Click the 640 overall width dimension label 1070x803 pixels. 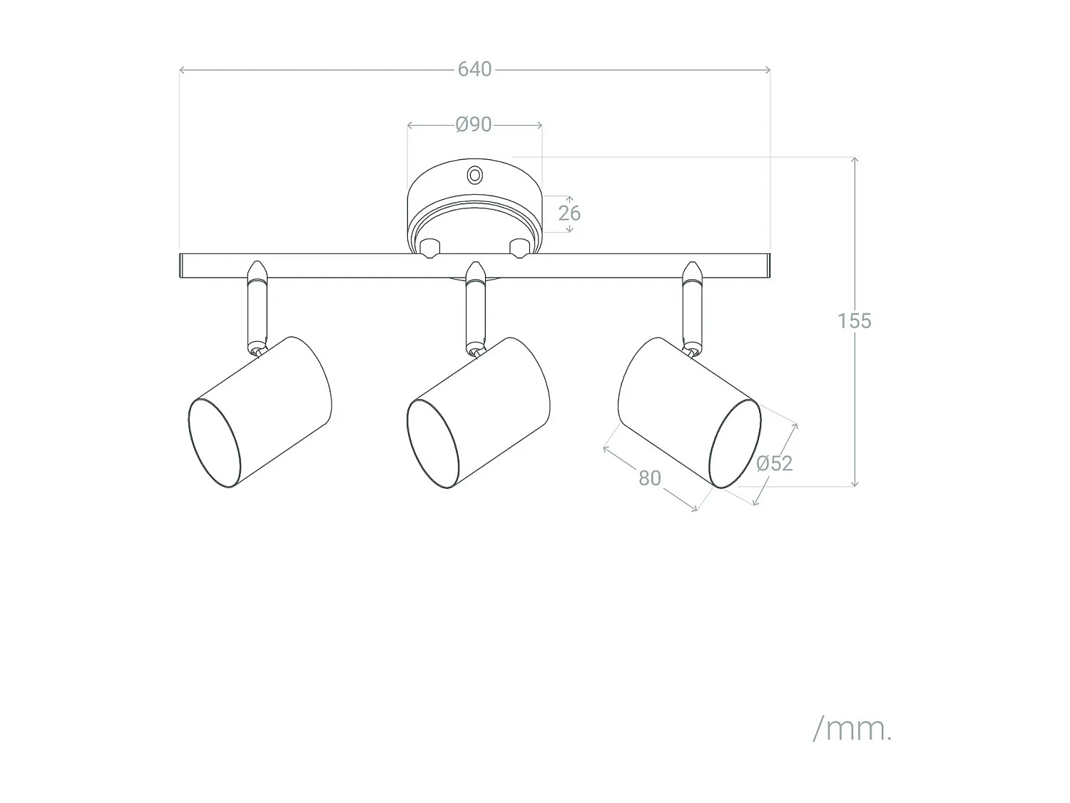point(474,69)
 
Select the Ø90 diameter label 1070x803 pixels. point(474,125)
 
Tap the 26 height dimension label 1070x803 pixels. point(569,213)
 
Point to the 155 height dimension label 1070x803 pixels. point(854,321)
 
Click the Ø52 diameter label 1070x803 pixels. point(775,463)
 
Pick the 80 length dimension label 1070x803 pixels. point(649,478)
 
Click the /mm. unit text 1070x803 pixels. point(852,729)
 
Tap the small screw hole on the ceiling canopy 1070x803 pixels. point(474,175)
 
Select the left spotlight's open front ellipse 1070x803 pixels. point(214,443)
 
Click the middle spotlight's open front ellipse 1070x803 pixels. point(433,443)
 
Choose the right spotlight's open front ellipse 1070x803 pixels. point(735,443)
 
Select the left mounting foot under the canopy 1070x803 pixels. point(429,248)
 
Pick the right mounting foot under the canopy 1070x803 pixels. point(519,248)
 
